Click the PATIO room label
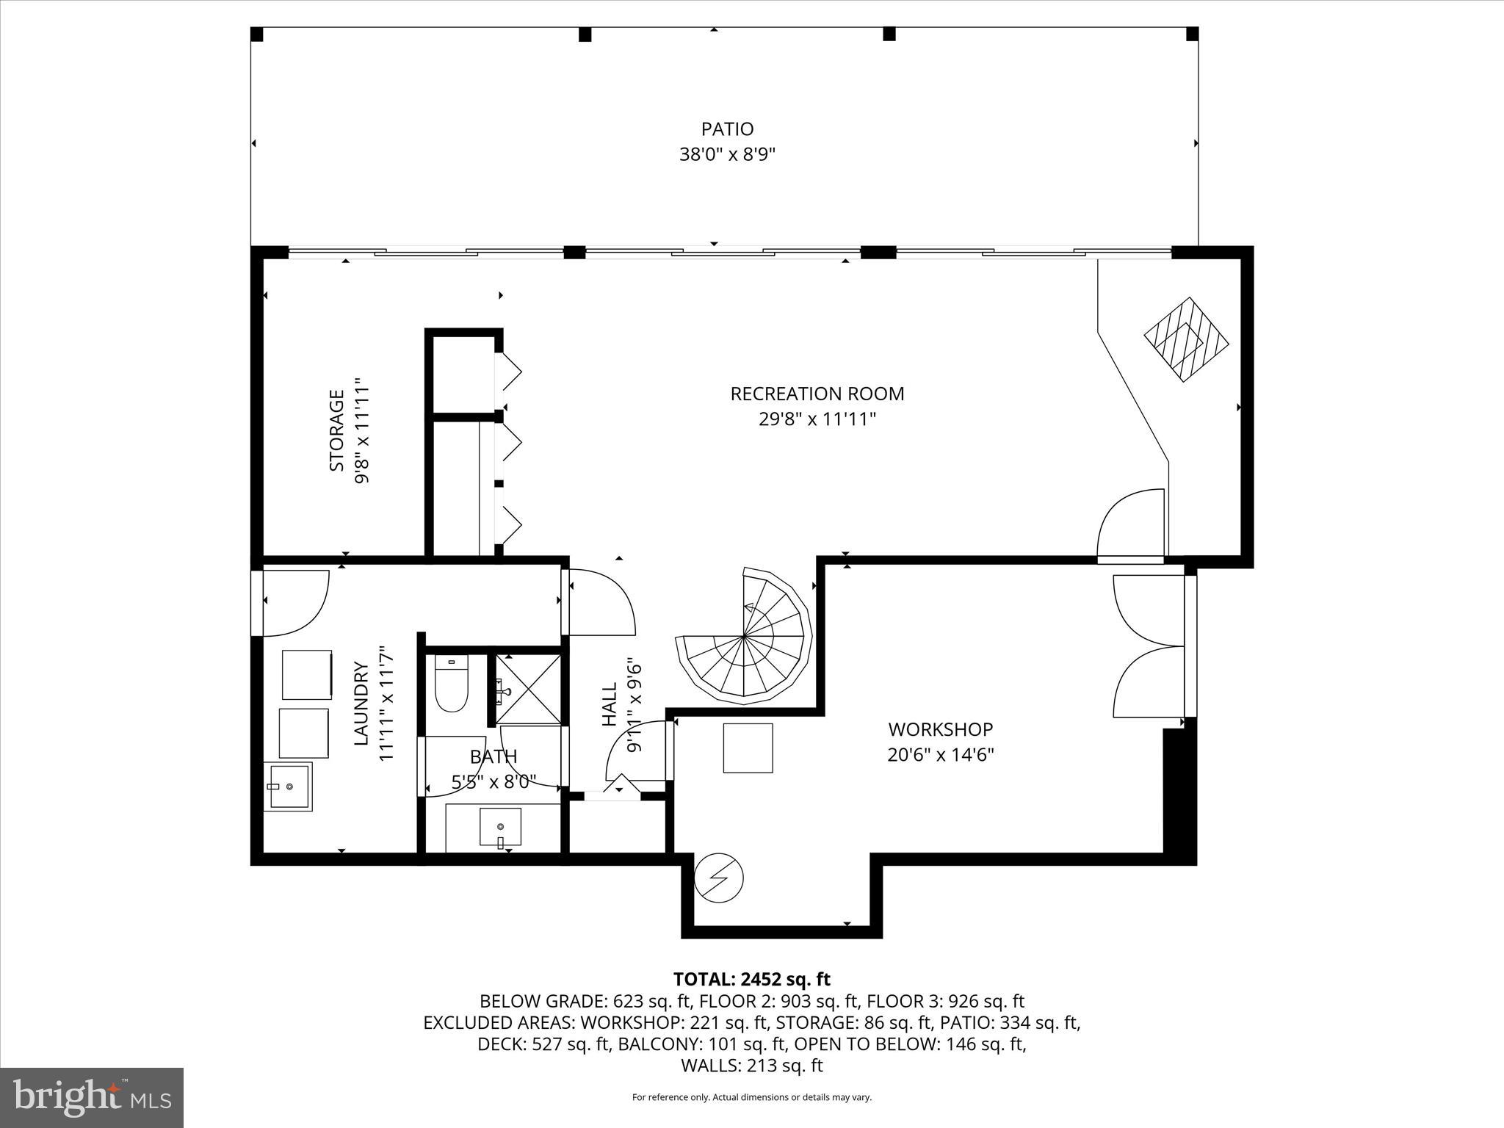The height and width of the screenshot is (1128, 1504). [x=727, y=129]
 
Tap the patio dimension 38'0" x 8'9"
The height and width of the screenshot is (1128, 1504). [x=727, y=155]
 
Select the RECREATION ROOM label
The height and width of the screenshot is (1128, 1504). [x=817, y=394]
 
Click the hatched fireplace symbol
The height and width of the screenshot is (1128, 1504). [x=1186, y=339]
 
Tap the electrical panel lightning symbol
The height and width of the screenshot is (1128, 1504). [x=720, y=878]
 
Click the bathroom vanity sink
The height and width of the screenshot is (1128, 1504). [x=500, y=827]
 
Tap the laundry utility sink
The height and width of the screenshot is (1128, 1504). [x=288, y=786]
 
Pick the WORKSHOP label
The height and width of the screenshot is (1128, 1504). [x=940, y=729]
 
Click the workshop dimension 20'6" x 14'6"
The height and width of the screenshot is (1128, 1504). [x=940, y=755]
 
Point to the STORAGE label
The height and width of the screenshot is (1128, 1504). [x=336, y=430]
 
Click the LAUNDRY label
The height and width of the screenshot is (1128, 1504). [x=361, y=704]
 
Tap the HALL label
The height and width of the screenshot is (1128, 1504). [x=610, y=705]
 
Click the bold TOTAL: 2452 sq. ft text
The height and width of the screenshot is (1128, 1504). [x=751, y=979]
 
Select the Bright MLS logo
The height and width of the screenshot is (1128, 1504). [x=92, y=1097]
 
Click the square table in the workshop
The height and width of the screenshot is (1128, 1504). [x=748, y=748]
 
